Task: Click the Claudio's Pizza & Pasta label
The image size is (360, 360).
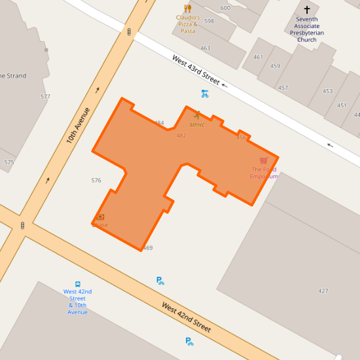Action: click(x=188, y=24)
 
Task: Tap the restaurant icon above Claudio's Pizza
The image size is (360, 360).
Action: click(x=188, y=9)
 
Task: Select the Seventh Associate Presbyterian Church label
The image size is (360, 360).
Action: click(x=307, y=29)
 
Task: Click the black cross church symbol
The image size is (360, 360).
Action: click(x=307, y=10)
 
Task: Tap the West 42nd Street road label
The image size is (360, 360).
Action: click(x=187, y=317)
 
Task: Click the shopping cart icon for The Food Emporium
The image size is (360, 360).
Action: click(x=264, y=161)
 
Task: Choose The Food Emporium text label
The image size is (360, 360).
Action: click(x=264, y=173)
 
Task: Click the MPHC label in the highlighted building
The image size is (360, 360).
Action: click(x=197, y=124)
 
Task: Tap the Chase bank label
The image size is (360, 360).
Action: click(x=100, y=225)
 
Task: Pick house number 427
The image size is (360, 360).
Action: click(x=323, y=291)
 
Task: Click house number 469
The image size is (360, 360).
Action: click(x=147, y=247)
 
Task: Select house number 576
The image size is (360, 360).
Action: click(x=96, y=180)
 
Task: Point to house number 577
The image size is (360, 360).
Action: click(x=45, y=96)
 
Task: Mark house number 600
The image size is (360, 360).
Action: click(x=225, y=8)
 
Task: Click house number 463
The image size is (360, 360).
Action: click(x=205, y=48)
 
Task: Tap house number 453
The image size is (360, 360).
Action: click(x=327, y=91)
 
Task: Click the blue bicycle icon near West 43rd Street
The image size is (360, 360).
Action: click(x=205, y=94)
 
